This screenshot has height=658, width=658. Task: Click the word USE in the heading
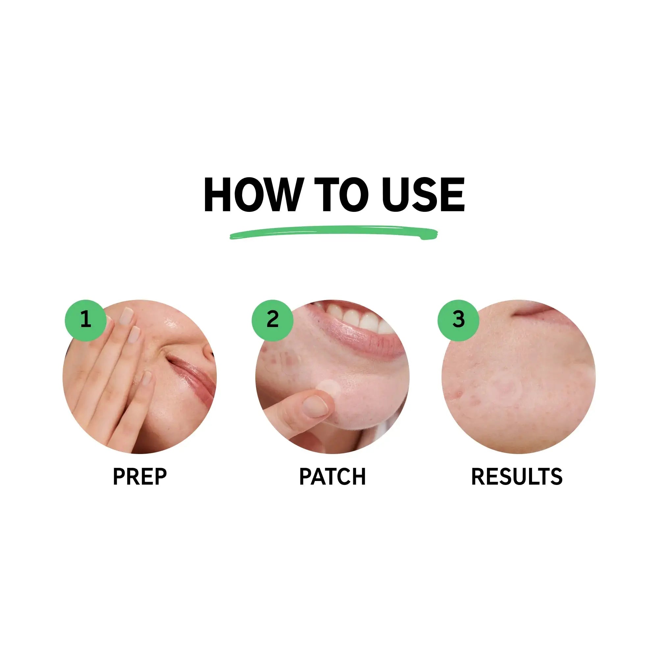(x=423, y=195)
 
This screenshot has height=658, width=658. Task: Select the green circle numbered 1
(x=86, y=320)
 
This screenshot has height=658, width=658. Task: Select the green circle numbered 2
(x=272, y=320)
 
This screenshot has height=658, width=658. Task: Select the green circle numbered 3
(x=458, y=320)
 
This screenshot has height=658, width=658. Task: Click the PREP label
(x=139, y=476)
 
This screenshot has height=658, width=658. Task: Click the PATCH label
(x=332, y=476)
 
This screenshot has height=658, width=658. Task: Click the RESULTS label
(x=517, y=476)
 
